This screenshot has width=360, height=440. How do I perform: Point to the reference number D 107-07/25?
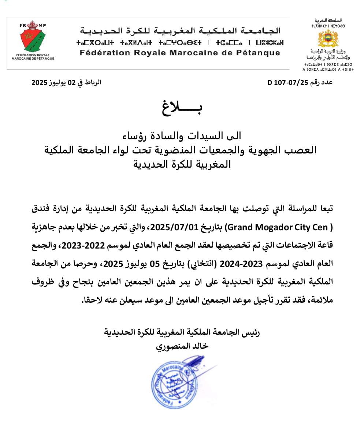pyautogui.click(x=289, y=82)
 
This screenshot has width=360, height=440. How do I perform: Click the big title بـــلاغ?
pyautogui.click(x=182, y=107)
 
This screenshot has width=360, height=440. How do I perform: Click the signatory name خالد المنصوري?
pyautogui.click(x=182, y=346)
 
